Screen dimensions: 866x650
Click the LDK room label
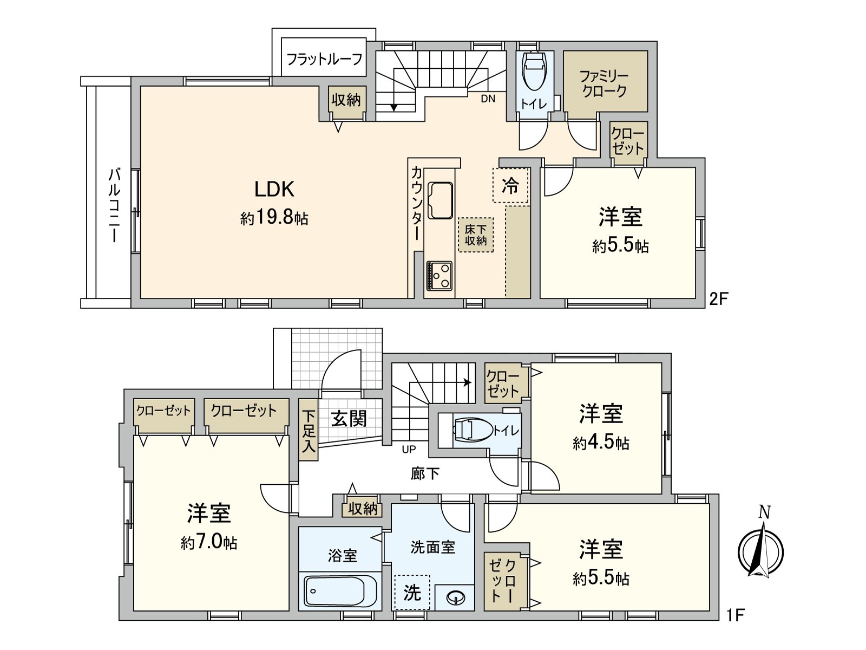click(x=274, y=189)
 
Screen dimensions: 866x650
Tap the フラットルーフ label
click(x=324, y=59)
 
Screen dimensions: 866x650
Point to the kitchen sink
click(x=440, y=200)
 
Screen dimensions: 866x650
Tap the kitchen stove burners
click(x=439, y=276)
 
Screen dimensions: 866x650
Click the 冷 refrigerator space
click(x=510, y=185)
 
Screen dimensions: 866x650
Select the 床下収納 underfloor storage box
click(x=475, y=235)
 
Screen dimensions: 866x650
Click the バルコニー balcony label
click(x=114, y=204)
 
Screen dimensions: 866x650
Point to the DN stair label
click(x=488, y=99)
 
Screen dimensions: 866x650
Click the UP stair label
click(x=409, y=449)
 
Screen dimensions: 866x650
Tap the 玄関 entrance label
click(x=349, y=418)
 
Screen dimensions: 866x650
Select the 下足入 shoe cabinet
click(x=309, y=430)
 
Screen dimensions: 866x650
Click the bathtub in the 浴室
click(x=340, y=590)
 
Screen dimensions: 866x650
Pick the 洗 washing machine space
click(x=412, y=592)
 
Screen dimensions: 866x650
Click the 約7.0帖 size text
click(x=209, y=543)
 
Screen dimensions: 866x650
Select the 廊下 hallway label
click(x=424, y=473)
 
